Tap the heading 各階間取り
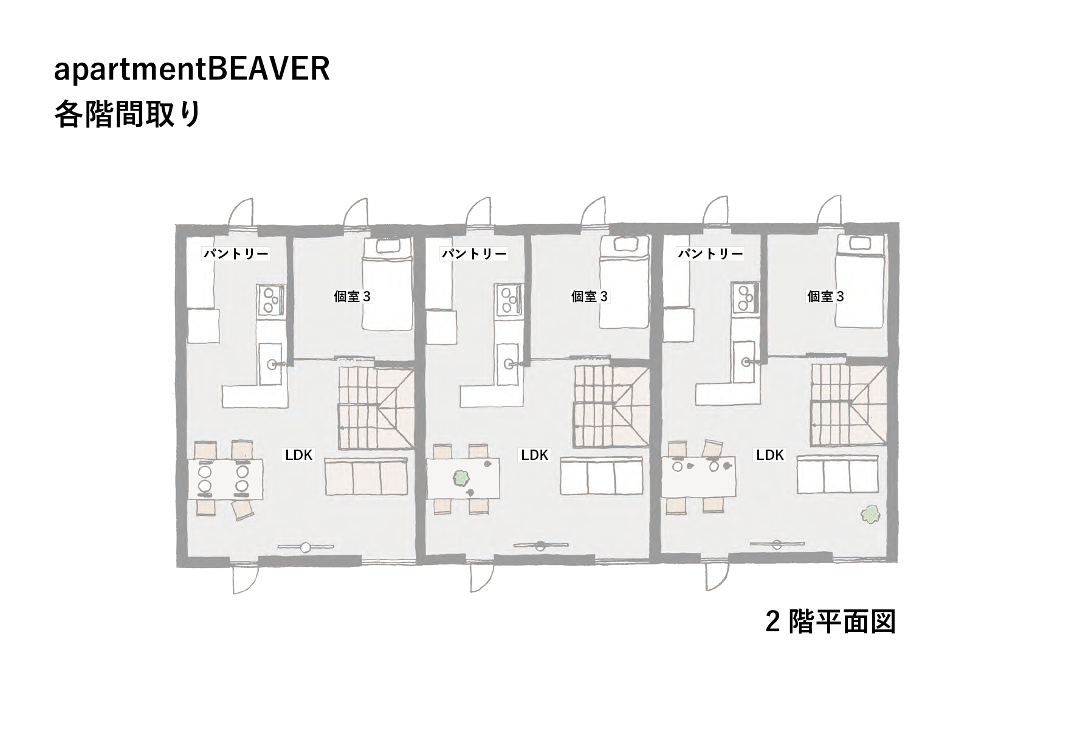(127, 114)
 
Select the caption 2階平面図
(830, 622)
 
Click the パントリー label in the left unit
(236, 253)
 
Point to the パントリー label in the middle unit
(474, 253)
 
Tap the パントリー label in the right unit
(710, 253)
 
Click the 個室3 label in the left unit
(352, 296)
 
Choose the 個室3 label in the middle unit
(590, 296)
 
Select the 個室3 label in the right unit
(826, 296)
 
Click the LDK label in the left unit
(298, 455)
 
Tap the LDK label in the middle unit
(535, 455)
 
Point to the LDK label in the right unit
(770, 455)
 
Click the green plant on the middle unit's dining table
(462, 478)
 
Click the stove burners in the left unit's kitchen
(271, 300)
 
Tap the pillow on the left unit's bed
(389, 245)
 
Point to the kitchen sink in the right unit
(746, 363)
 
